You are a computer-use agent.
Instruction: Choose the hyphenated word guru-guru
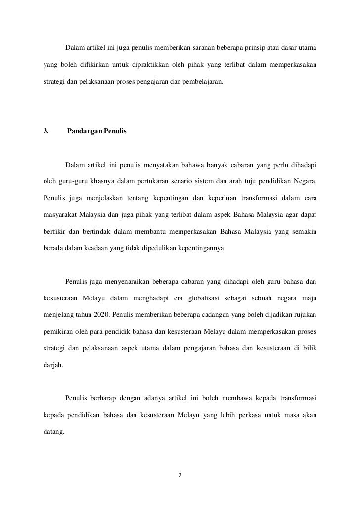[73, 181]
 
